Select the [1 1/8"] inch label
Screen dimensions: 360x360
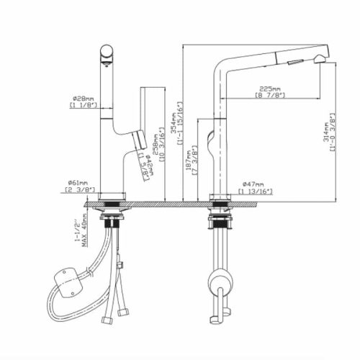pos(83,105)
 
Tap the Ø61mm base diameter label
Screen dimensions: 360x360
pos(76,183)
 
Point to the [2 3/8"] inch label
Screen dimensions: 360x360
pos(77,191)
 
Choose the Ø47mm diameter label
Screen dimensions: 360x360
pos(256,184)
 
